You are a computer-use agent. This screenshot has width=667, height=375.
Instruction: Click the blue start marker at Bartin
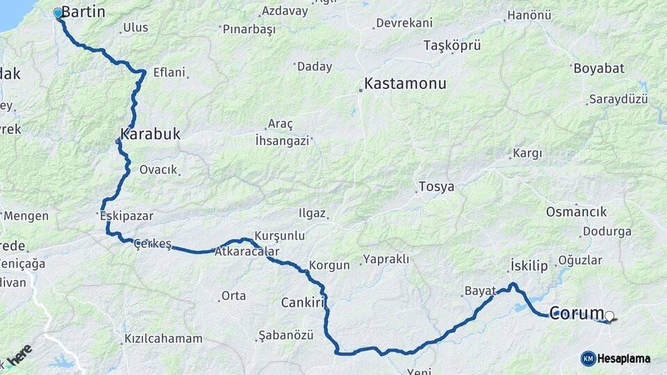(x=58, y=12)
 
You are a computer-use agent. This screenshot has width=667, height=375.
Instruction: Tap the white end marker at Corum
(x=610, y=317)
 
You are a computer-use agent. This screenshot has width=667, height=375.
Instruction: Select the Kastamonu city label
(x=405, y=83)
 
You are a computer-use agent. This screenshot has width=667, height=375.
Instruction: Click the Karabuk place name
(x=150, y=133)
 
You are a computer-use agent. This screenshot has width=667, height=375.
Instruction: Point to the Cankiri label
(x=303, y=302)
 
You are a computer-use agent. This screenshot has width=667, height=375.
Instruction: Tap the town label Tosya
(x=436, y=187)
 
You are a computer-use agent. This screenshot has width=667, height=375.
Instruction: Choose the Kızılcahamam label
(x=163, y=339)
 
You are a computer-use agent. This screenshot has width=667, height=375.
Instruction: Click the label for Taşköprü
(x=452, y=46)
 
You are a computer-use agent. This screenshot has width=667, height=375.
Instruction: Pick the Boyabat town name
(x=598, y=68)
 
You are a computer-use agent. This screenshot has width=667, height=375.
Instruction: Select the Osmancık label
(x=576, y=211)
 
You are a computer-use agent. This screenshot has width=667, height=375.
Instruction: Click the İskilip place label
(x=529, y=265)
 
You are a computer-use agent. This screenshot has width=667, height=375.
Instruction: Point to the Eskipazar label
(x=126, y=216)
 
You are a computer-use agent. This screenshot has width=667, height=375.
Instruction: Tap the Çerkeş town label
(x=152, y=243)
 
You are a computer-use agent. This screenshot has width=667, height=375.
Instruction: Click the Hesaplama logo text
(x=624, y=358)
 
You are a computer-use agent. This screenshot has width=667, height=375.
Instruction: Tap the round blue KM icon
(x=588, y=358)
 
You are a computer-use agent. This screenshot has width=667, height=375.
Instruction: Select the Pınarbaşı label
(x=249, y=29)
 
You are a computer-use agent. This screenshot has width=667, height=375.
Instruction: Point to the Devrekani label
(x=404, y=23)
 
